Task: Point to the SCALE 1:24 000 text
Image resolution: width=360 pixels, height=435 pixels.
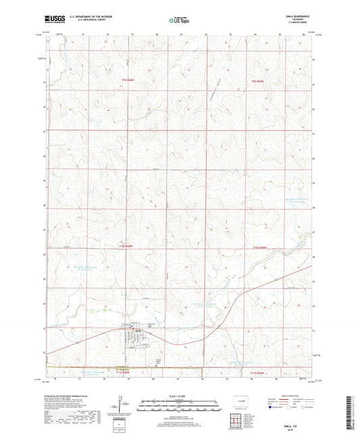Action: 180,395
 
